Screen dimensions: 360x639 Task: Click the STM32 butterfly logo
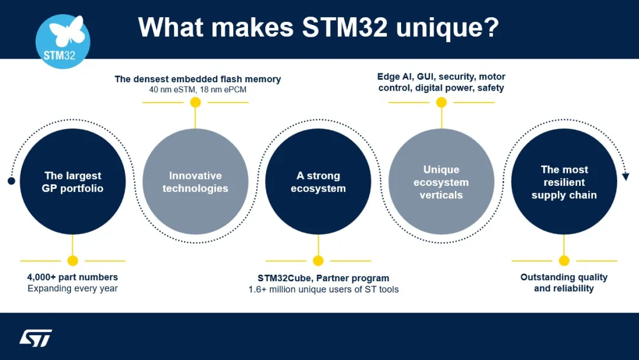pyautogui.click(x=63, y=42)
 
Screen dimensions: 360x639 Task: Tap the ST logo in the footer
pyautogui.click(x=36, y=338)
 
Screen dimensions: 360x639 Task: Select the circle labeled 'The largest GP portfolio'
pyautogui.click(x=73, y=182)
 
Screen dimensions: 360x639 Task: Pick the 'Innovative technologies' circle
pyautogui.click(x=195, y=182)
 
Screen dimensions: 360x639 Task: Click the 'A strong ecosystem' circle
pyautogui.click(x=318, y=182)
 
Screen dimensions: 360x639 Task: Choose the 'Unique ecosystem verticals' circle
pyautogui.click(x=441, y=182)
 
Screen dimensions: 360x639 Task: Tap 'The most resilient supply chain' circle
pyautogui.click(x=564, y=182)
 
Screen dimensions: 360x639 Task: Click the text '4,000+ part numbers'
pyautogui.click(x=73, y=277)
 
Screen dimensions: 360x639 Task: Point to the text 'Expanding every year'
pyautogui.click(x=73, y=288)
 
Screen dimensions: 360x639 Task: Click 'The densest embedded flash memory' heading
pyautogui.click(x=198, y=79)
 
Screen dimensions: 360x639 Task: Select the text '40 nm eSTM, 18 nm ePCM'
pyautogui.click(x=198, y=90)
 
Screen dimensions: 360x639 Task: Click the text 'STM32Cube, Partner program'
pyautogui.click(x=324, y=278)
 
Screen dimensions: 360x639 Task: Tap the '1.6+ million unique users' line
pyautogui.click(x=324, y=290)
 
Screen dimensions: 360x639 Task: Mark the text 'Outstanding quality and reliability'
pyautogui.click(x=564, y=282)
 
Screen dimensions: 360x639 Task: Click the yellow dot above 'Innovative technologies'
pyautogui.click(x=195, y=102)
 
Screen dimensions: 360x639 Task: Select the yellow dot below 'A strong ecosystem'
pyautogui.click(x=318, y=261)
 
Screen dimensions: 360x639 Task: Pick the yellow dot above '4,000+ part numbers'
pyautogui.click(x=73, y=261)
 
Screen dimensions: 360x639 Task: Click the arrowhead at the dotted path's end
pyautogui.click(x=626, y=176)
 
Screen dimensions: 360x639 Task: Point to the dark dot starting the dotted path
pyautogui.click(x=11, y=181)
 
